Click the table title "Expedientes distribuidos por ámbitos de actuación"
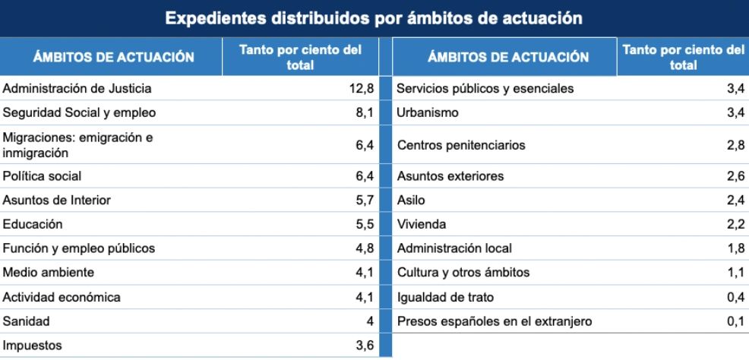[374, 17]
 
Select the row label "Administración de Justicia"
[77, 89]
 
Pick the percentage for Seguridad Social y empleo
[365, 113]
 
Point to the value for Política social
[365, 176]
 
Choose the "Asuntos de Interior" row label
[57, 201]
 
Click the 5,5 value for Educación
[365, 225]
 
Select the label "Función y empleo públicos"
[79, 248]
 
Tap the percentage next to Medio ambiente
[365, 273]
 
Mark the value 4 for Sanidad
[370, 321]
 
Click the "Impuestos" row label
[33, 346]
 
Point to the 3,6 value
[365, 346]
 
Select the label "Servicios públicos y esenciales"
[485, 89]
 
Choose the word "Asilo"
[411, 201]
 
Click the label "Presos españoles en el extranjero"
[495, 321]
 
